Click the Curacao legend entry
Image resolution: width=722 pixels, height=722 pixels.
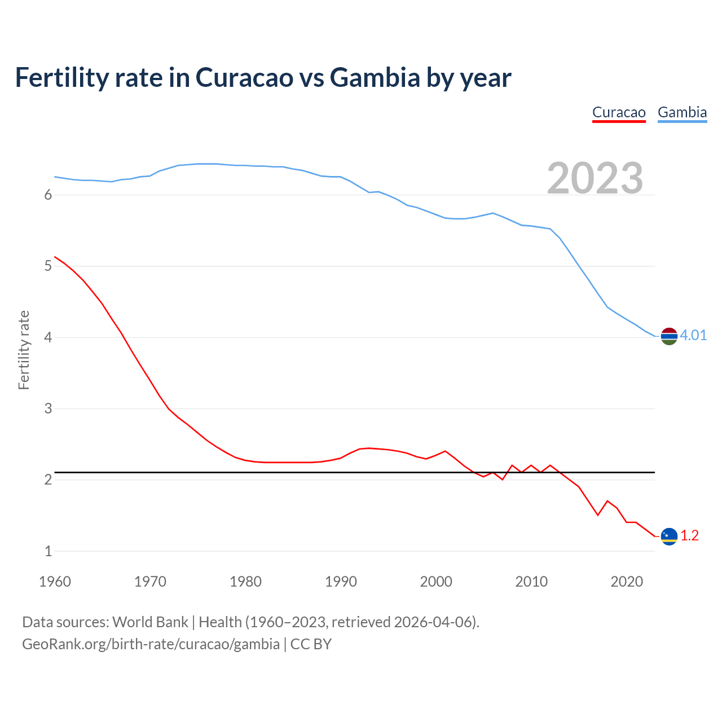click(619, 112)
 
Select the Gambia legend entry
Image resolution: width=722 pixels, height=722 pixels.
click(682, 112)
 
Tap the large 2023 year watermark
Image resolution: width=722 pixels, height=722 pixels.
click(595, 178)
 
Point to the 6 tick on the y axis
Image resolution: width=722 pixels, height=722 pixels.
click(48, 195)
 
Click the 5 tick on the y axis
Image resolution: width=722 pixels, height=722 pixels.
click(48, 266)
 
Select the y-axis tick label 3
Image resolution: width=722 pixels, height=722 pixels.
click(48, 408)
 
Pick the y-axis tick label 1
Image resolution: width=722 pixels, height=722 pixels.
click(48, 551)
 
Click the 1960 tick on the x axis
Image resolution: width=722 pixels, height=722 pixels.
click(55, 582)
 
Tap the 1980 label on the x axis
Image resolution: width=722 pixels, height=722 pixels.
click(245, 582)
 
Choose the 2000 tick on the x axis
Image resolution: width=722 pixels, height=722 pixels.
click(436, 582)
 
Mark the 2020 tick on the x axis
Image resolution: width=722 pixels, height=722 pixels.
click(627, 582)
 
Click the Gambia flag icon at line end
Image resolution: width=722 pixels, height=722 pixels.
click(669, 336)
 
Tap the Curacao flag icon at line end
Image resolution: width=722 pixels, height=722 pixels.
click(669, 536)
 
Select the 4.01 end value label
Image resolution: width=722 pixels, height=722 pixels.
click(693, 336)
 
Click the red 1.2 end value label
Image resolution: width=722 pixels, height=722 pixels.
click(689, 536)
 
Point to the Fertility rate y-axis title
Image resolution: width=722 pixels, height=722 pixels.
click(24, 350)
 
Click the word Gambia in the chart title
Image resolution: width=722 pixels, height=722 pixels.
click(375, 77)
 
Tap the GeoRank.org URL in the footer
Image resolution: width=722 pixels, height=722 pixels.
click(151, 644)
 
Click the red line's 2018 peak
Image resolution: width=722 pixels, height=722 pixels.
click(607, 501)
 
